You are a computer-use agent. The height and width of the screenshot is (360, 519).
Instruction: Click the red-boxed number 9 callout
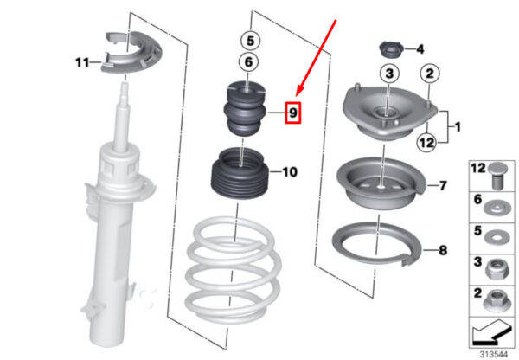[x=293, y=113]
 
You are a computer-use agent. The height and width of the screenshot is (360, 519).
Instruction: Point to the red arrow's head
[x=298, y=92]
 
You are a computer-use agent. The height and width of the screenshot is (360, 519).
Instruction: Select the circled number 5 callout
[x=250, y=41]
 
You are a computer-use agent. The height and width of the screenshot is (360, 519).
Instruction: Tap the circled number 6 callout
[x=248, y=62]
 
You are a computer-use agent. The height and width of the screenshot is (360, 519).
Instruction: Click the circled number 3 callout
[x=389, y=74]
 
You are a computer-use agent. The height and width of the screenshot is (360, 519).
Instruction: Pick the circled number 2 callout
[x=429, y=74]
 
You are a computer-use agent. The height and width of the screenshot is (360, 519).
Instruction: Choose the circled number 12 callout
[x=426, y=143]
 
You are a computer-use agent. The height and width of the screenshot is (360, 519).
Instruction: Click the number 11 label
[x=82, y=62]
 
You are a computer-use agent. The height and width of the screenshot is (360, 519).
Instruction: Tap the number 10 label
[x=289, y=172]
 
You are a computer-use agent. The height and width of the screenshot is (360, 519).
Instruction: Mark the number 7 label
[x=443, y=186]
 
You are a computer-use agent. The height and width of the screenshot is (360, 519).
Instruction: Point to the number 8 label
[x=443, y=250]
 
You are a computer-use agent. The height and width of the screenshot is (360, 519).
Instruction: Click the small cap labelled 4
[x=391, y=50]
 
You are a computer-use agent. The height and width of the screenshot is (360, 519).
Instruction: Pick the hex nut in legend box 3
[x=495, y=268]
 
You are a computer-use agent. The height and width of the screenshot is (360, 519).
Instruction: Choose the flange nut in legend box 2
[x=496, y=300]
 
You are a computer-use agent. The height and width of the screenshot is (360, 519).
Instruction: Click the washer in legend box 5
[x=496, y=237]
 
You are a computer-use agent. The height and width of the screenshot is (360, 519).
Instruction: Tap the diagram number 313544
[x=494, y=354]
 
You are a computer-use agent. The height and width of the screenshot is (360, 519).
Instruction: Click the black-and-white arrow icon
[x=491, y=333]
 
